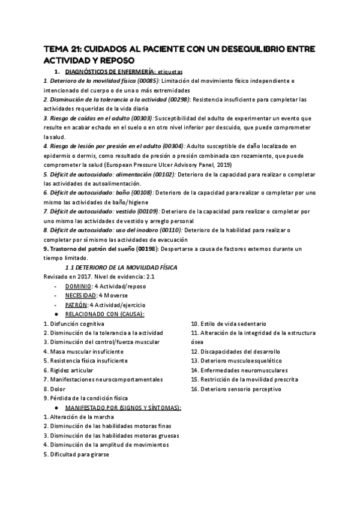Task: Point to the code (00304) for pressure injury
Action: [172, 146]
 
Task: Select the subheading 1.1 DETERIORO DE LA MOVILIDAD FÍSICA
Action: [121, 267]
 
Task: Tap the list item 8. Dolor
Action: [54, 388]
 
